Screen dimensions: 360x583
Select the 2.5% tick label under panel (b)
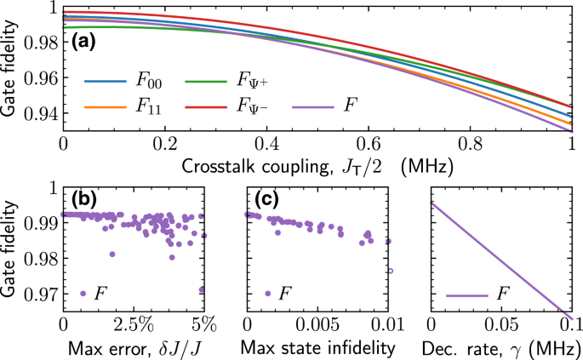point(134,324)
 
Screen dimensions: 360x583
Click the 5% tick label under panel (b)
point(203,324)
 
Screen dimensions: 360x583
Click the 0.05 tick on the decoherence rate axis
point(501,324)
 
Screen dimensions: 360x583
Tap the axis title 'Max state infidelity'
point(317,347)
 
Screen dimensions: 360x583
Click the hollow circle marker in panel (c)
point(391,271)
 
